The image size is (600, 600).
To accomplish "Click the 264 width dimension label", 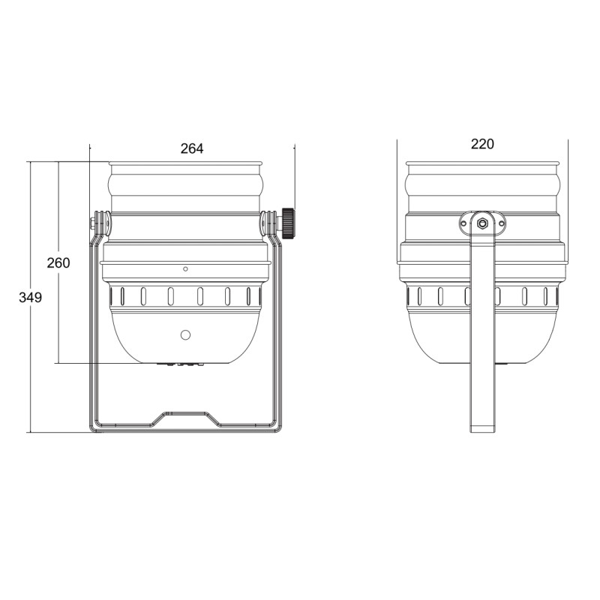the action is pyautogui.click(x=192, y=148).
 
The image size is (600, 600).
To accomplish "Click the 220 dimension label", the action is pyautogui.click(x=482, y=144).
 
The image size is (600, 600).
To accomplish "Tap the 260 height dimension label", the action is pyautogui.click(x=58, y=263).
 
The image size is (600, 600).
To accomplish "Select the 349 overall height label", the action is pyautogui.click(x=30, y=297).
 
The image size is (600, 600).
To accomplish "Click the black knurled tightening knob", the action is pyautogui.click(x=288, y=223).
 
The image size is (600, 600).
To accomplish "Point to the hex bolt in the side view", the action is pyautogui.click(x=482, y=223).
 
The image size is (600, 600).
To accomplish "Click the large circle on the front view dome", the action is pyautogui.click(x=185, y=335).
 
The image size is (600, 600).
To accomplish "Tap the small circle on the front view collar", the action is pyautogui.click(x=185, y=269).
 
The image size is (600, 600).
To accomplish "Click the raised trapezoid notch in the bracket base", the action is pyautogui.click(x=185, y=418).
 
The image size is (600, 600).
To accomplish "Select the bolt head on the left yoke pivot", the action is pyautogui.click(x=92, y=223).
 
